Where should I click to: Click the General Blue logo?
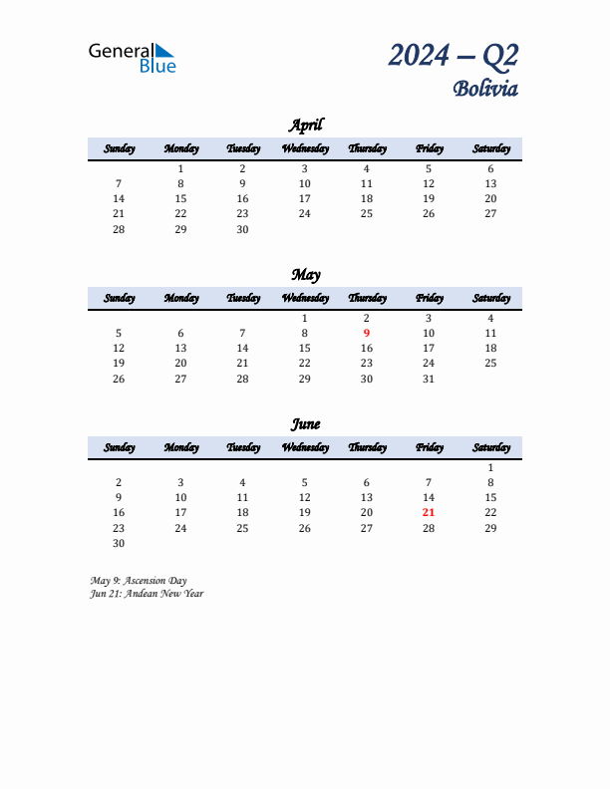click(132, 57)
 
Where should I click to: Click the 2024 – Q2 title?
click(453, 55)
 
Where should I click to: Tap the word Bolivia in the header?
click(485, 89)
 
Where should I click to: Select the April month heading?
click(305, 126)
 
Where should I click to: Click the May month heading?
click(305, 275)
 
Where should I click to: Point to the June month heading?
click(305, 424)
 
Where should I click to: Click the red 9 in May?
click(367, 334)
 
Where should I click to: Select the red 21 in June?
click(429, 513)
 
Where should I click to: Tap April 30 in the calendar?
click(242, 229)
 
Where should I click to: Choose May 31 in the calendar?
click(429, 379)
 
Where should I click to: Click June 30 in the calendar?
click(119, 543)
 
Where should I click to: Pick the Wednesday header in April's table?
click(305, 149)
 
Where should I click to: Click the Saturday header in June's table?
click(490, 448)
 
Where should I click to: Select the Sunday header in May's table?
click(119, 299)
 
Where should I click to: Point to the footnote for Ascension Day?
click(139, 581)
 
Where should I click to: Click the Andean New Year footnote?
click(147, 594)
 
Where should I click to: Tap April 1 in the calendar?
click(180, 169)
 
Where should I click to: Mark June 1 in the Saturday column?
click(490, 468)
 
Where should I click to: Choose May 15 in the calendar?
click(305, 349)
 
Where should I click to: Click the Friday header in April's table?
click(429, 149)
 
